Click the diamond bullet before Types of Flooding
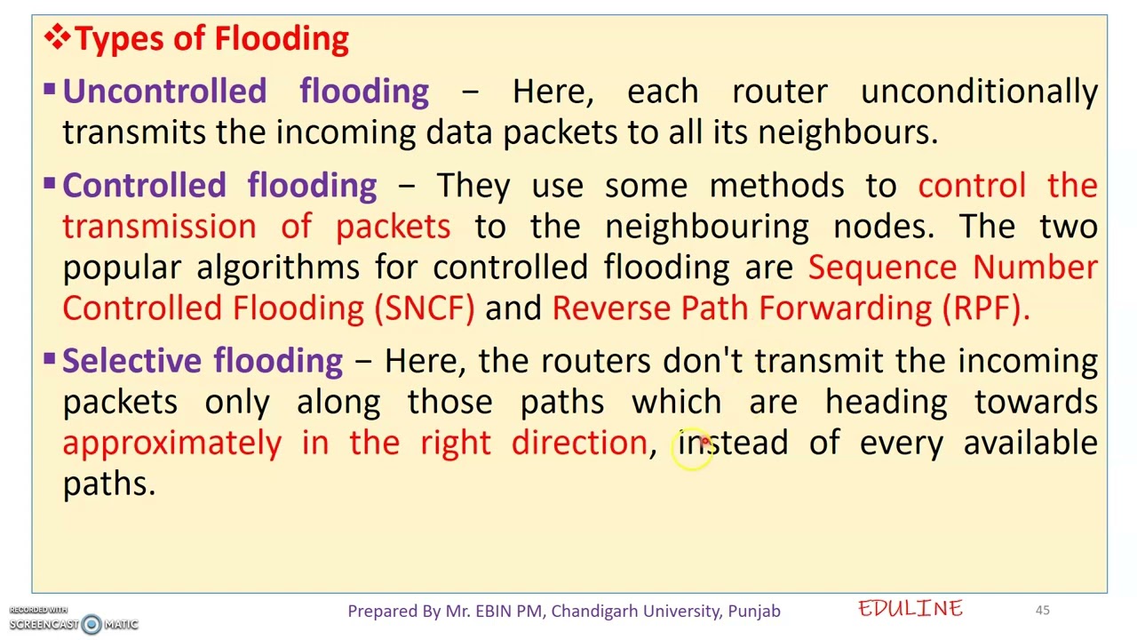57,37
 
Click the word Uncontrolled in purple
164,92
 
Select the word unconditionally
979,92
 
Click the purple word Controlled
144,186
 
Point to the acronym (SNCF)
425,308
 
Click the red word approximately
171,443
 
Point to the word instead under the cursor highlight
733,443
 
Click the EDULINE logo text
910,609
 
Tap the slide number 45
1042,610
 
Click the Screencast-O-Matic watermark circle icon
91,624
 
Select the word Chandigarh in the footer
592,611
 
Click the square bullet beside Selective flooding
49,358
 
